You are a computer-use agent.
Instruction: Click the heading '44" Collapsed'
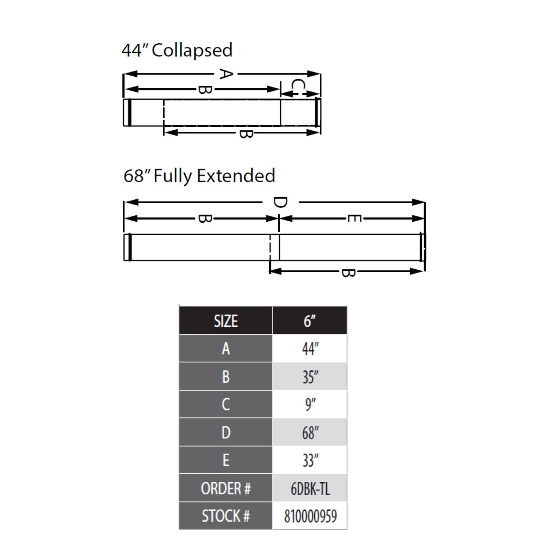pos(177,51)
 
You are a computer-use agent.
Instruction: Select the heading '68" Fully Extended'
pos(199,176)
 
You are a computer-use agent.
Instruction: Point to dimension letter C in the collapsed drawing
pos(298,86)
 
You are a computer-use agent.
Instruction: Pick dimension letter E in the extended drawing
pos(354,218)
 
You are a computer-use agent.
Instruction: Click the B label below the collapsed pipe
pos(246,133)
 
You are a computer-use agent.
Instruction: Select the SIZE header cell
pos(226,321)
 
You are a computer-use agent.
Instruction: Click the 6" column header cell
pos(310,321)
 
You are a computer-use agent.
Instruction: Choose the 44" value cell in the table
pos(310,349)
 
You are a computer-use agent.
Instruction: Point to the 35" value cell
pos(310,377)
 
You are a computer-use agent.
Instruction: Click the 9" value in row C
pos(310,404)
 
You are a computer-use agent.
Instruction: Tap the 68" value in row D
pos(310,432)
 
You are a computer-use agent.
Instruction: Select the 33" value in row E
pos(310,460)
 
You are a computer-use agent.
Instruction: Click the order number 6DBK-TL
pos(310,489)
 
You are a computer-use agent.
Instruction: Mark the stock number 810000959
pos(310,516)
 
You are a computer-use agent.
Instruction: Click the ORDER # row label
pos(226,489)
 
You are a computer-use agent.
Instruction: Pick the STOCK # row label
pos(226,516)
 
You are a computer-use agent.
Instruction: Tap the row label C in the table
pos(226,404)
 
